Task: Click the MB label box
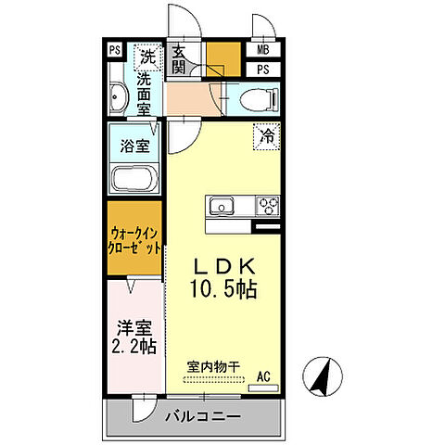[262, 51]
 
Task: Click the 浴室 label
[134, 145]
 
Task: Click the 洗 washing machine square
[146, 57]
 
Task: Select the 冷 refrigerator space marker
[266, 136]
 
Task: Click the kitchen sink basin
[223, 205]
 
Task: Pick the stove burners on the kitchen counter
[268, 205]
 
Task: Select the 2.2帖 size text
[133, 348]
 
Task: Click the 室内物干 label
[213, 367]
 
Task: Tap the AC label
[262, 376]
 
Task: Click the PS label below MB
[262, 69]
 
